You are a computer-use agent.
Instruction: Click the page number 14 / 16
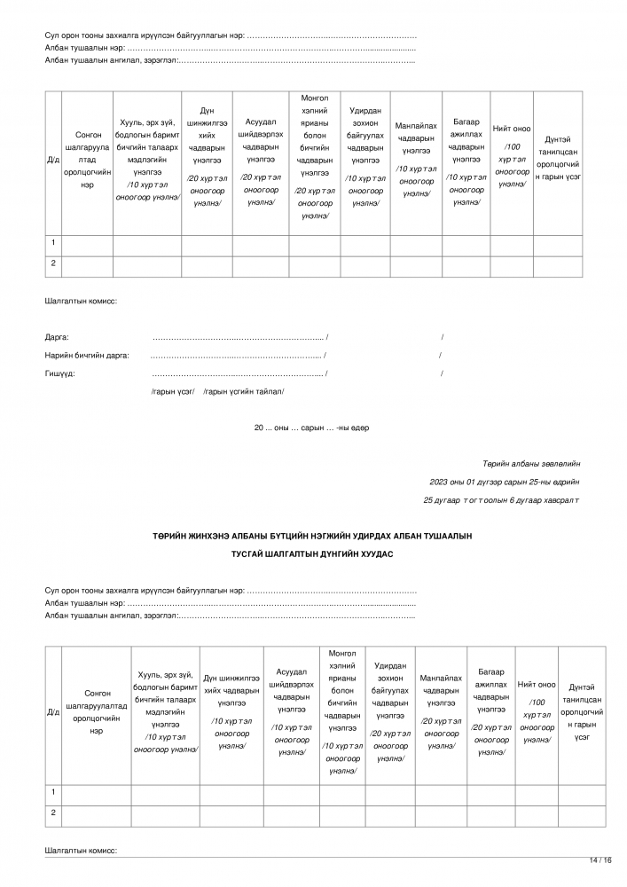pos(600,860)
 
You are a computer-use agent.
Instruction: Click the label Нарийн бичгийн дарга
pos(87,356)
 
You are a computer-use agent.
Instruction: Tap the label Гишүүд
pos(60,373)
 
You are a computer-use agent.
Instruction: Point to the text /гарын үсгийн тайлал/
pos(244,391)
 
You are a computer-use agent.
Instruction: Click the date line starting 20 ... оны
pos(311,428)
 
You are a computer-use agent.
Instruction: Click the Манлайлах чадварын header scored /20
pos(442,711)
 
